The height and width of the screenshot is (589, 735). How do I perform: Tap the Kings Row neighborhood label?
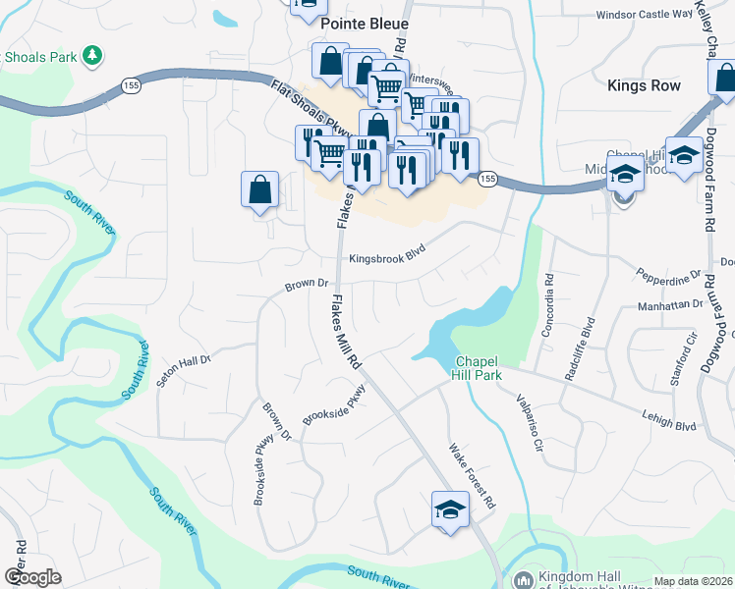point(644,85)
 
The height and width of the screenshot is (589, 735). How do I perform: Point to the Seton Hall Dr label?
point(185,371)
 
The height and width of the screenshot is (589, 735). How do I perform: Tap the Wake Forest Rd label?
point(470,469)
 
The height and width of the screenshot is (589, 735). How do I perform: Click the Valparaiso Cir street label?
point(530,422)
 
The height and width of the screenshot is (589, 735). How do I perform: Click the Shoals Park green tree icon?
point(91,56)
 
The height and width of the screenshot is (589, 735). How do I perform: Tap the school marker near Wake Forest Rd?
point(450,509)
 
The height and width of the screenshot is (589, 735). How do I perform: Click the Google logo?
point(32,577)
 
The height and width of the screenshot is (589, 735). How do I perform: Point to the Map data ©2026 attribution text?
point(693,581)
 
